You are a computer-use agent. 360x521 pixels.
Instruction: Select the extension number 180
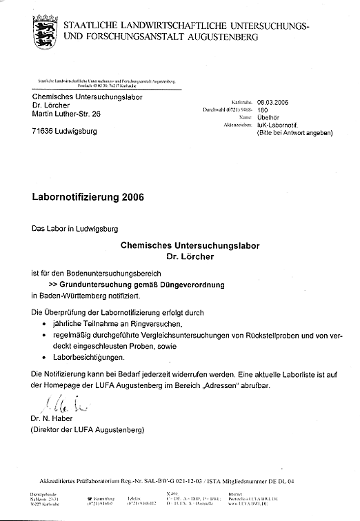[x=263, y=108]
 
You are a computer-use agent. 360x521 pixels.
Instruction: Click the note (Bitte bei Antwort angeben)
[x=295, y=134]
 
